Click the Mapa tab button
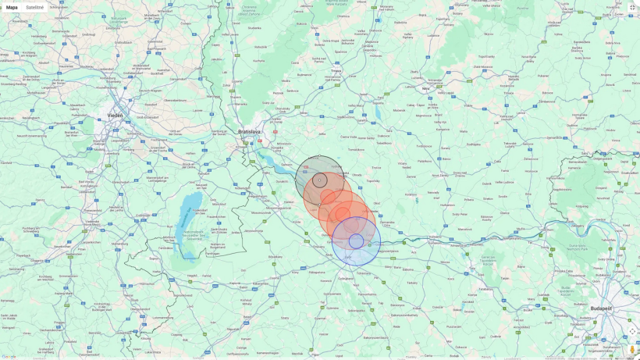tap(12, 7)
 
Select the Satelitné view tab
tap(34, 7)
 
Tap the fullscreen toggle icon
tap(632, 7)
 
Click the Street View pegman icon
tap(632, 349)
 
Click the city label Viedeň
tap(115, 115)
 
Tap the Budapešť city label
tap(601, 308)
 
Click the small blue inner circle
tap(356, 241)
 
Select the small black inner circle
tap(319, 180)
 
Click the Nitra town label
tap(426, 88)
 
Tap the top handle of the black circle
tap(319, 156)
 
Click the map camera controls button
tap(632, 331)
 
